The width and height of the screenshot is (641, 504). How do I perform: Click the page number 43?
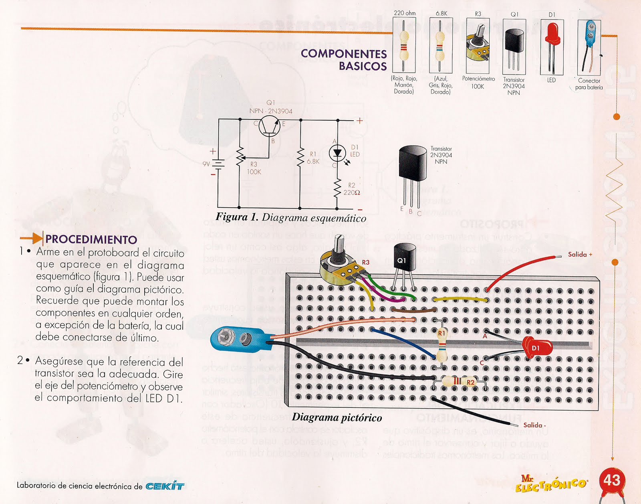(612, 480)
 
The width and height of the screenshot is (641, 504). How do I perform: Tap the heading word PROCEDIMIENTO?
(91, 239)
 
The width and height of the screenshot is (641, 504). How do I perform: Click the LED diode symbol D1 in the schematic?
(337, 153)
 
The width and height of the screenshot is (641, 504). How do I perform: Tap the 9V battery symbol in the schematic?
(218, 164)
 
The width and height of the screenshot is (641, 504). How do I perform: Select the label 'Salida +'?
(580, 254)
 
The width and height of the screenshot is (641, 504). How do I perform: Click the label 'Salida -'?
(534, 425)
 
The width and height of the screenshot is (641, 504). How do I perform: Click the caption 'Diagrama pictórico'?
(337, 418)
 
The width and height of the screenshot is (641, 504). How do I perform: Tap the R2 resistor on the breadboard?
(459, 381)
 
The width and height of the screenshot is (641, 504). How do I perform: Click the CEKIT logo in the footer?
(165, 486)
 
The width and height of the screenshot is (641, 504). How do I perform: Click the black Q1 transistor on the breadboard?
(404, 261)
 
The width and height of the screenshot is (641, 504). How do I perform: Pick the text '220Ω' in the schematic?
(351, 193)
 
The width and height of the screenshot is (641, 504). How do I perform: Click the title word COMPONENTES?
(344, 54)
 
